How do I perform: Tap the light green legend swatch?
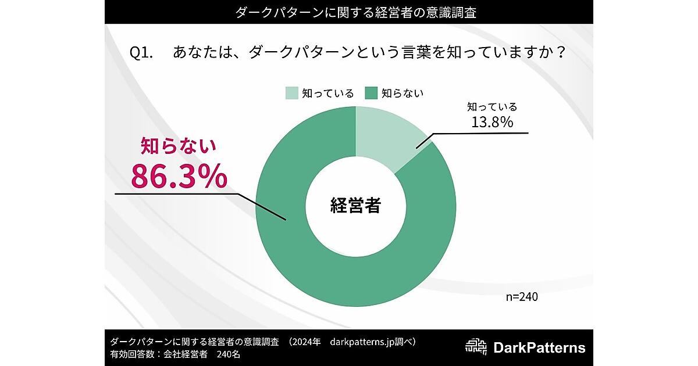pyautogui.click(x=291, y=93)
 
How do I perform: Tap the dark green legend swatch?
pyautogui.click(x=371, y=93)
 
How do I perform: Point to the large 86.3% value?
pyautogui.click(x=179, y=176)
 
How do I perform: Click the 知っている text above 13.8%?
pyautogui.click(x=492, y=107)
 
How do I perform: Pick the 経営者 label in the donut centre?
pyautogui.click(x=355, y=205)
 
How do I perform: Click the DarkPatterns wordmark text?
pyautogui.click(x=539, y=348)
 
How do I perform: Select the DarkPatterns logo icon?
pyautogui.click(x=477, y=347)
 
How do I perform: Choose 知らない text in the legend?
pyautogui.click(x=403, y=93)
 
